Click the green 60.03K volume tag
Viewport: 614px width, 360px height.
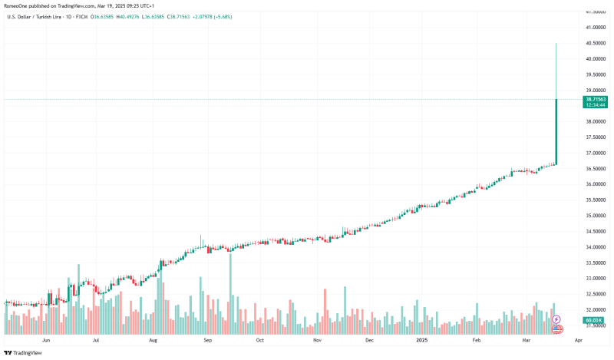[592, 319]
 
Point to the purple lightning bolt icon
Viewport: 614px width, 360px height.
[556, 319]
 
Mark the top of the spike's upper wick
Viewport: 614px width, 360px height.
[556, 45]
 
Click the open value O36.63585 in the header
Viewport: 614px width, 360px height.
[104, 16]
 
